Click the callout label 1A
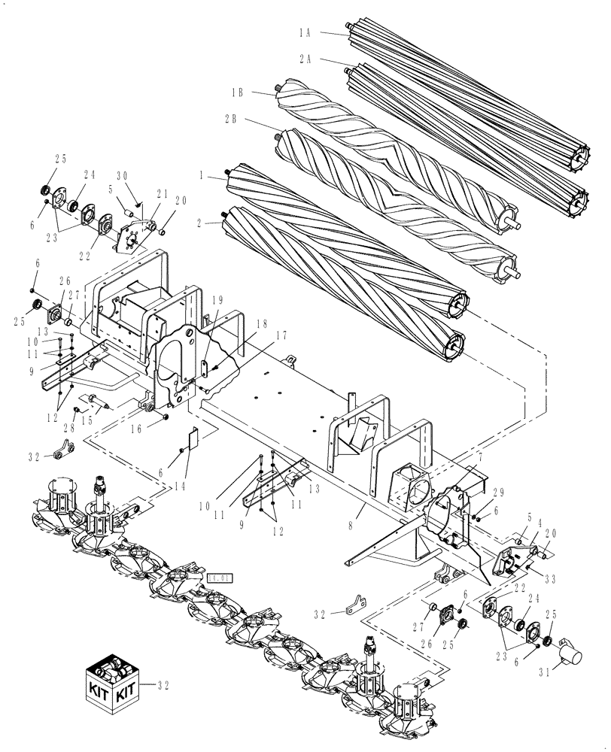pyautogui.click(x=305, y=33)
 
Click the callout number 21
pyautogui.click(x=163, y=193)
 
